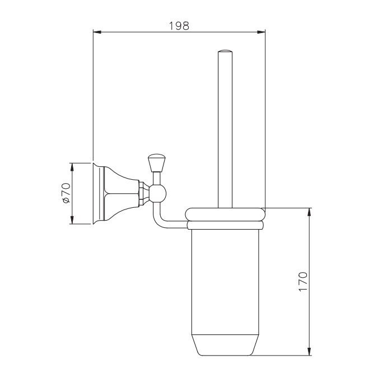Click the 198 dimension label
click(179, 26)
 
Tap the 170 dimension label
click(303, 281)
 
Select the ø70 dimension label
click(67, 193)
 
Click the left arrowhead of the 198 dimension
click(97, 32)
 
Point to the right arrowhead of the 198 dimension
click(262, 32)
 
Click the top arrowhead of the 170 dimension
click(310, 212)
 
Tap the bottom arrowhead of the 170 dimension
click(310, 351)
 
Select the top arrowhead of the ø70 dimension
click(72, 167)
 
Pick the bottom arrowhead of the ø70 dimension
click(72, 220)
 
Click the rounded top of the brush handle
click(225, 52)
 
